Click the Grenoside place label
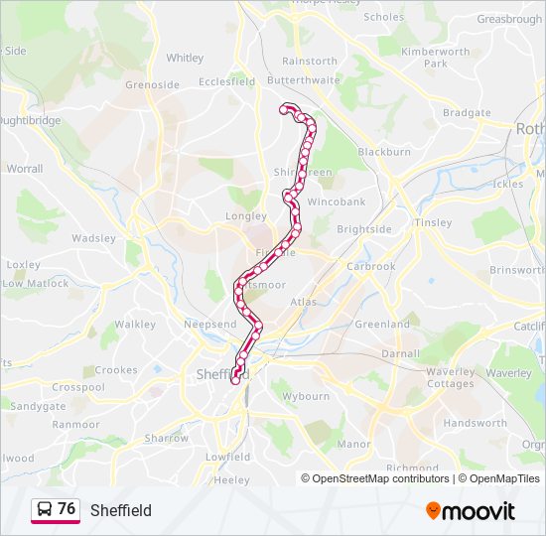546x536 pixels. click(152, 84)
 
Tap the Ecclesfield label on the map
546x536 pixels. click(226, 82)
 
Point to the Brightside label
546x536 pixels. click(363, 229)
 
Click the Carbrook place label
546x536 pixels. click(371, 266)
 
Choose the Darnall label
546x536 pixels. click(400, 352)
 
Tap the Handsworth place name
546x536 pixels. click(475, 423)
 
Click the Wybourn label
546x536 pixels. click(306, 396)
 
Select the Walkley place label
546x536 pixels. click(135, 324)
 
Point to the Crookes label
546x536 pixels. click(116, 370)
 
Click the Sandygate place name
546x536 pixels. click(39, 406)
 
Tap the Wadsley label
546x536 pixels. click(94, 238)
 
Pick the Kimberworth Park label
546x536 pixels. click(435, 57)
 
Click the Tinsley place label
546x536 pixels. click(434, 222)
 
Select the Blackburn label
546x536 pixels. click(384, 152)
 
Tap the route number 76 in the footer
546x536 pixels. click(67, 509)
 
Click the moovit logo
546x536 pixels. click(471, 510)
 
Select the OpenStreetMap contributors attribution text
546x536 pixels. click(375, 478)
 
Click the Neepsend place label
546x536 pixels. click(210, 325)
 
